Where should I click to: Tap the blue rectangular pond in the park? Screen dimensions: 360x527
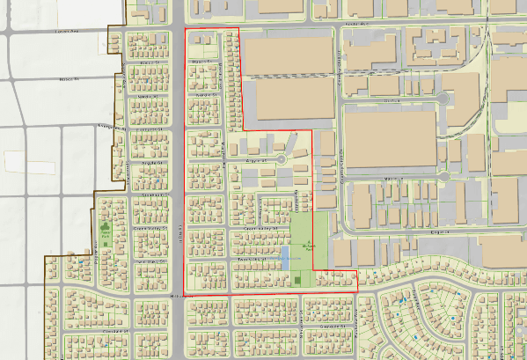287,258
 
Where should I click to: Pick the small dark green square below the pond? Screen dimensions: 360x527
299,281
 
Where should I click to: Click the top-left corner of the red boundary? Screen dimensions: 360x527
185,29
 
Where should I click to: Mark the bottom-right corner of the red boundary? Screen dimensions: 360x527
356,291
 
